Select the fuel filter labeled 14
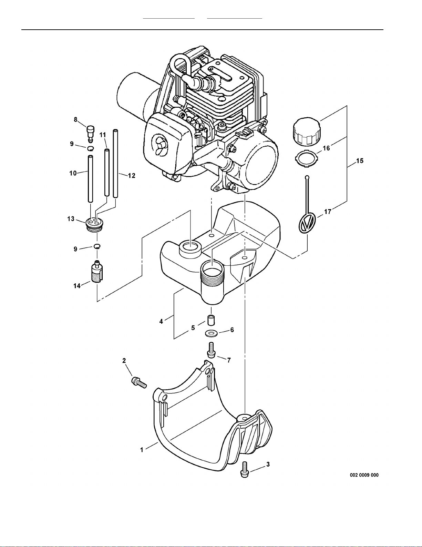(x=97, y=272)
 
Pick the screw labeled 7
(x=211, y=350)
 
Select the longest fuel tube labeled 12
(x=115, y=163)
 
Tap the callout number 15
(x=360, y=160)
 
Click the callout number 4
(x=161, y=321)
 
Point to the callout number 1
(x=142, y=450)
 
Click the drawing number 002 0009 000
(x=364, y=475)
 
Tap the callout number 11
(x=103, y=135)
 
